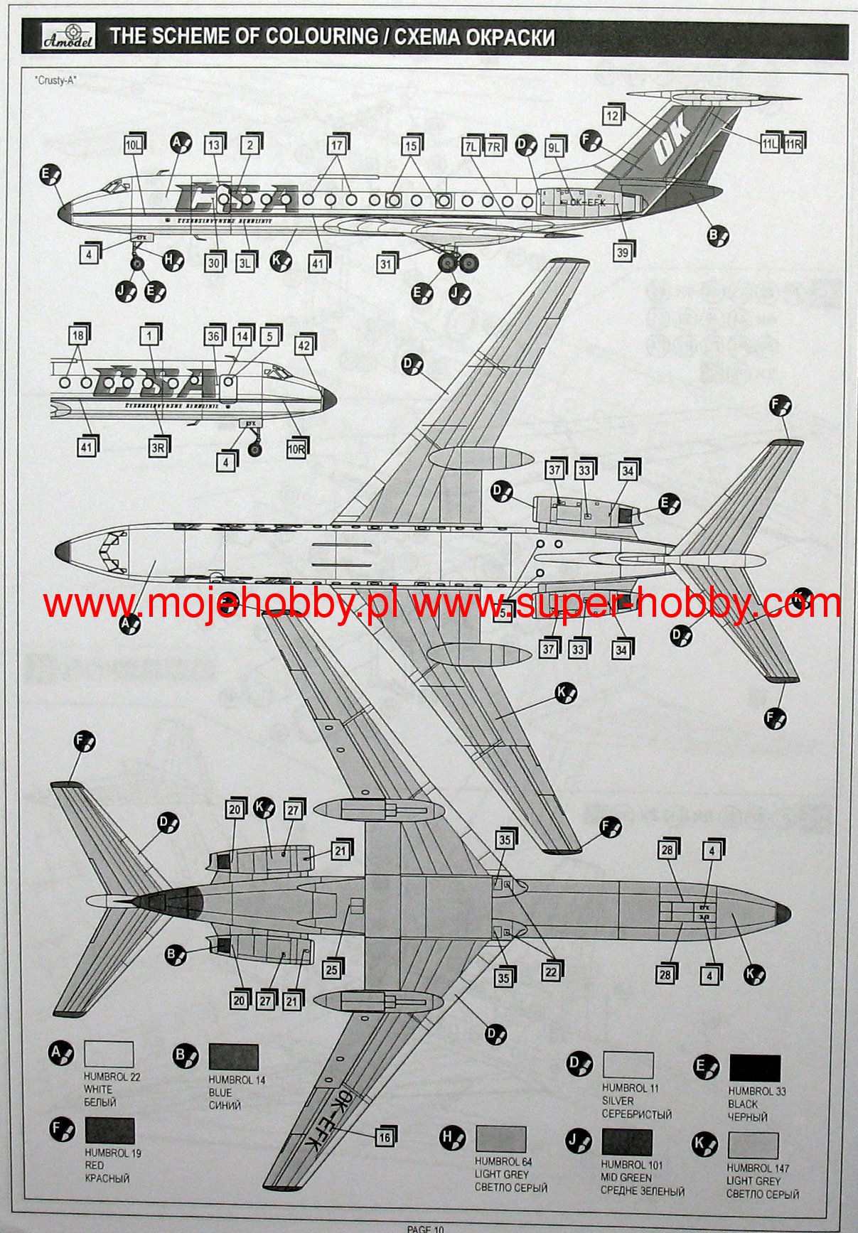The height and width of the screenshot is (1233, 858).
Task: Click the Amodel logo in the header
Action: pyautogui.click(x=63, y=37)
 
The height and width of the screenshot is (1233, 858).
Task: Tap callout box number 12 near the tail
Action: pyautogui.click(x=612, y=115)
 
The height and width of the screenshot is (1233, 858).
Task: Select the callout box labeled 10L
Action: pyautogui.click(x=133, y=145)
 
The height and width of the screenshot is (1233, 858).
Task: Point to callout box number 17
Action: pyautogui.click(x=336, y=145)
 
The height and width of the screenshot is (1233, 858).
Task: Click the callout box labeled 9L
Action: pyautogui.click(x=554, y=147)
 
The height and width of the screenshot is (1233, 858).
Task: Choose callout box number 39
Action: pyautogui.click(x=622, y=252)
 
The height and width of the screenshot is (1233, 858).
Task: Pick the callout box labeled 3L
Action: pyautogui.click(x=245, y=263)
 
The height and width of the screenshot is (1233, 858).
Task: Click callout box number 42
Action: pyautogui.click(x=304, y=345)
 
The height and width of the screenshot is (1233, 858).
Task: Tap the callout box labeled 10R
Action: pyautogui.click(x=296, y=448)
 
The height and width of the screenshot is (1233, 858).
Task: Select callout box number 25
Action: pyautogui.click(x=331, y=969)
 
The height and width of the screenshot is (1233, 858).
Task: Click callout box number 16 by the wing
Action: pyautogui.click(x=384, y=1137)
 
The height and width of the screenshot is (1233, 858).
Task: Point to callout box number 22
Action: pyautogui.click(x=551, y=972)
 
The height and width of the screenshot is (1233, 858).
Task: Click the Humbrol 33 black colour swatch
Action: pyautogui.click(x=754, y=1068)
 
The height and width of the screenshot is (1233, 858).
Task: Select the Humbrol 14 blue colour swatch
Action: pyautogui.click(x=233, y=1057)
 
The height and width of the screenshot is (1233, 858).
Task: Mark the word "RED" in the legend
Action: pyautogui.click(x=94, y=1165)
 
